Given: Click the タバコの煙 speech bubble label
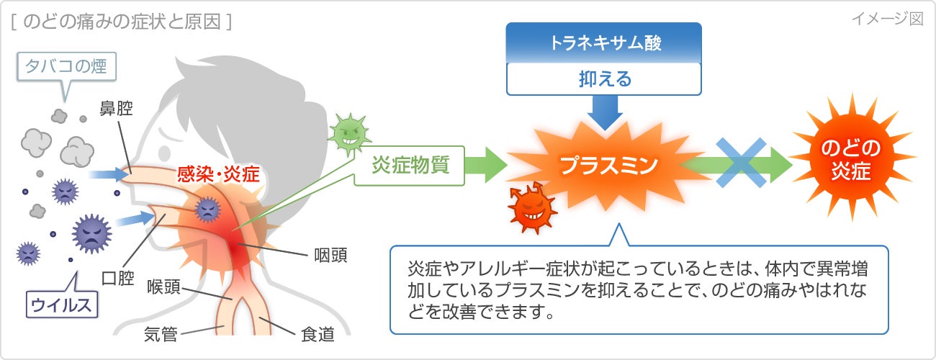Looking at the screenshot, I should point(66,68).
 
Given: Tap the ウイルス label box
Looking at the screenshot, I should point(61,305).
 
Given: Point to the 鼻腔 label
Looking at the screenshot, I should point(116,108).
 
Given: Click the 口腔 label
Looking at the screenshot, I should point(117,278).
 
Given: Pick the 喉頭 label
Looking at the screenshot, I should point(163,285).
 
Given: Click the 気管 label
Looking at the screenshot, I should point(161,334).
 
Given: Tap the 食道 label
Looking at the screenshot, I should point(317,334).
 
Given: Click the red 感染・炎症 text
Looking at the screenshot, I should point(219,174).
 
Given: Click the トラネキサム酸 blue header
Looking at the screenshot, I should point(603,42).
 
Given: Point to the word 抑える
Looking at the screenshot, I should point(603,78).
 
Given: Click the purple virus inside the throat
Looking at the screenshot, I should point(207,209).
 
